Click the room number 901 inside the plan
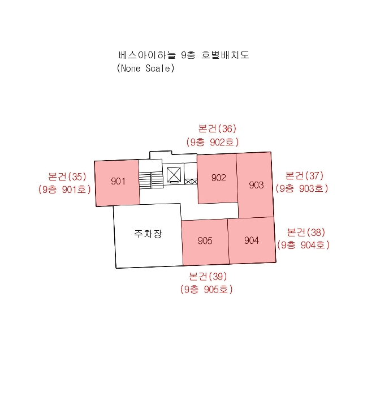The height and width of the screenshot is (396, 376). [118, 181]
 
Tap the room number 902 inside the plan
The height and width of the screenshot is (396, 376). [219, 178]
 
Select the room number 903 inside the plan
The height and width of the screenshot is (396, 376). [256, 185]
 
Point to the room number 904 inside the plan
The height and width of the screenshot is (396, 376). [252, 240]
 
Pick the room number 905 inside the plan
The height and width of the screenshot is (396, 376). [205, 240]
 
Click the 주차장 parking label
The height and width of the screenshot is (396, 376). [148, 234]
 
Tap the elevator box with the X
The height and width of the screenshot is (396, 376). [174, 174]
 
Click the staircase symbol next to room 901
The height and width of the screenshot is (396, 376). [151, 180]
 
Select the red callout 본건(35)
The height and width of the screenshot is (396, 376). [67, 177]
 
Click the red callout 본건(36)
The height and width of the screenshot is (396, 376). [217, 128]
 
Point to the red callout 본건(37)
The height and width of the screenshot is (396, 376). [304, 175]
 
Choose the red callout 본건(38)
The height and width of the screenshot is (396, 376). [306, 232]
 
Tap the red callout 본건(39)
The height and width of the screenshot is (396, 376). [208, 276]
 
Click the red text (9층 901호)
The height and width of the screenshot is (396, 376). [64, 189]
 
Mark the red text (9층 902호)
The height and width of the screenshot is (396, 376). [213, 142]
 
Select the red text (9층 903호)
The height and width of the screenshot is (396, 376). [302, 188]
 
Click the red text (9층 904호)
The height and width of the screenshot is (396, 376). [303, 245]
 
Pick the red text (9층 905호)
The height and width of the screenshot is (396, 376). [206, 289]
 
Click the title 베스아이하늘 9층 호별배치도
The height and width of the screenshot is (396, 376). [184, 55]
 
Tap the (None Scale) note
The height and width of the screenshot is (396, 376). [146, 68]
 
